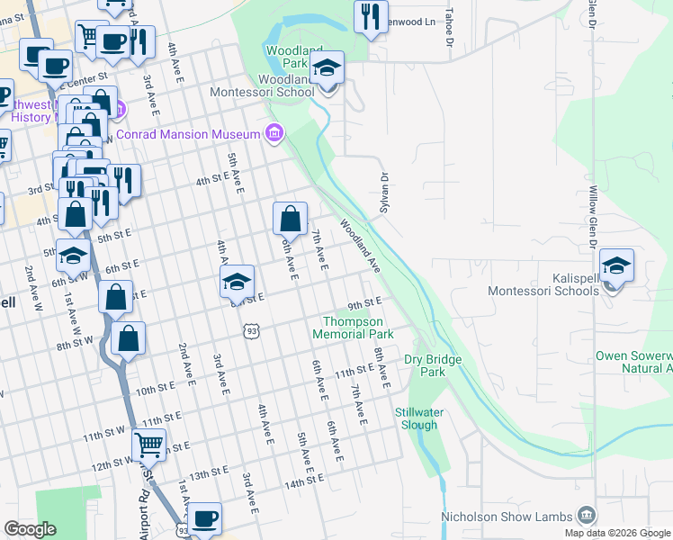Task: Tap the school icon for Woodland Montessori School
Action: [328, 69]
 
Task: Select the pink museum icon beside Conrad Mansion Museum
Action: [274, 135]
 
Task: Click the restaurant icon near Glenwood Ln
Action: [370, 17]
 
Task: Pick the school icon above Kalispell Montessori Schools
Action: [617, 267]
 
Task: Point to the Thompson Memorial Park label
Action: [353, 327]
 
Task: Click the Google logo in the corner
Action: [30, 529]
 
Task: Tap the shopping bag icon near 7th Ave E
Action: [291, 219]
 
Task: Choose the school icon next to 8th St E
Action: [237, 283]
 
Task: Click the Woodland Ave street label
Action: [360, 245]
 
